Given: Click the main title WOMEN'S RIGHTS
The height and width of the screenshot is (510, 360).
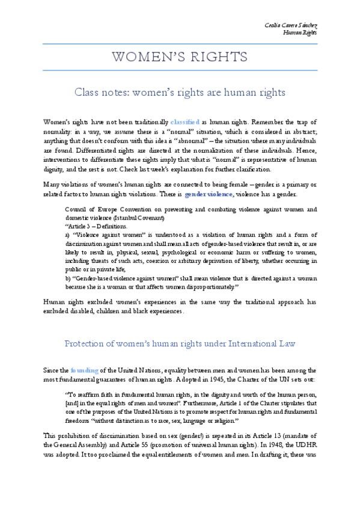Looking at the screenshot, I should pos(180,58).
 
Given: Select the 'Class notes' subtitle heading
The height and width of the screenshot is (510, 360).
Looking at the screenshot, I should pos(180,93).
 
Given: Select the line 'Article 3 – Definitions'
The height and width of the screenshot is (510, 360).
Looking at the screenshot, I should pos(96,226).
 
